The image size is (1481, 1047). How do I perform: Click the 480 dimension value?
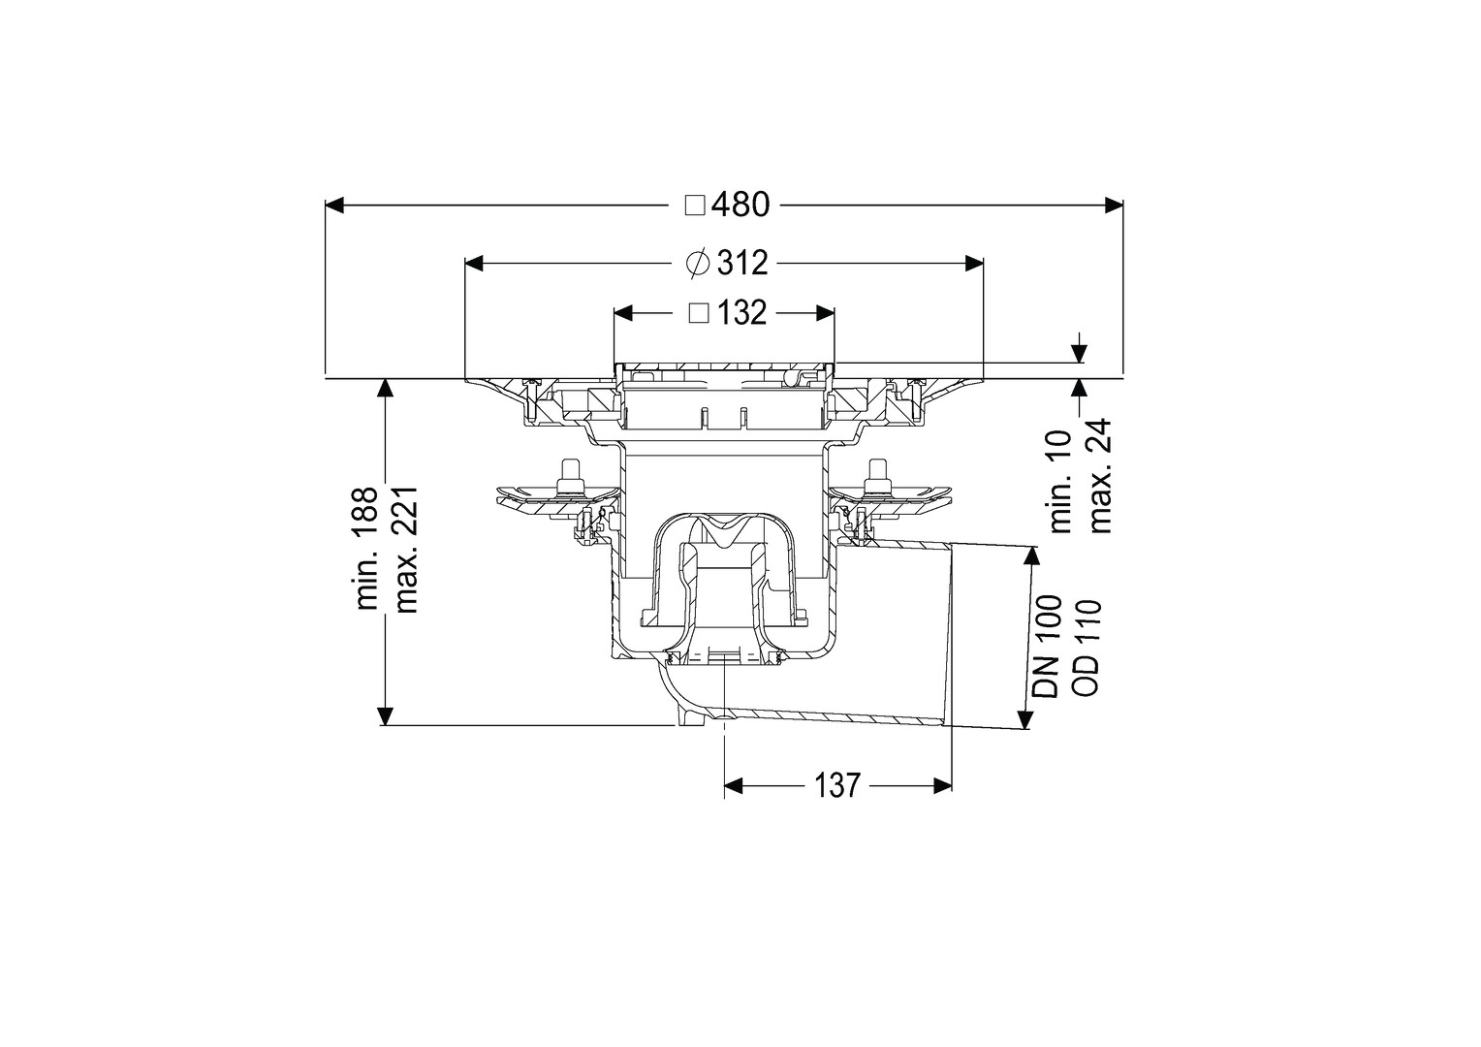pos(740,205)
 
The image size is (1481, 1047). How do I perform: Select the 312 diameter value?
pos(742,264)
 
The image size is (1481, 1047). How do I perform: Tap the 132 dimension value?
pos(741,313)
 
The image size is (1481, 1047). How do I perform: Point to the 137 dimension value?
pos(836,785)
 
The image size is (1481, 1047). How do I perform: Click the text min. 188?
pos(367,549)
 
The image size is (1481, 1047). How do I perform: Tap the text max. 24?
pos(1099,476)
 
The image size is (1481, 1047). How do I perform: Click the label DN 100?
pos(1047,647)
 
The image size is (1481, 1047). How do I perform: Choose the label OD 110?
pos(1086,647)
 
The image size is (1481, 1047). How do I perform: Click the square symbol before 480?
pos(695,206)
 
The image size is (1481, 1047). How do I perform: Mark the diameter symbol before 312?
pos(698,264)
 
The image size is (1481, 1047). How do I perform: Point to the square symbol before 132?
pos(699,313)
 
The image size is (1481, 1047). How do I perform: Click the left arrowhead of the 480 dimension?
pos(334,205)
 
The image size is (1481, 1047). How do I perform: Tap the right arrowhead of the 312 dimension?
pos(974,264)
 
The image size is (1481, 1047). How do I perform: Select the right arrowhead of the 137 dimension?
pos(942,786)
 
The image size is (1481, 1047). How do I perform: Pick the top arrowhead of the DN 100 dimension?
pos(1027,555)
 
